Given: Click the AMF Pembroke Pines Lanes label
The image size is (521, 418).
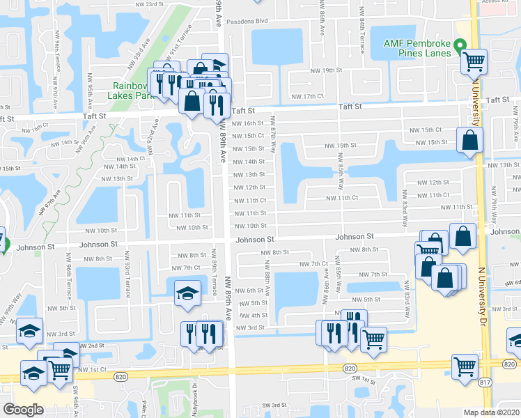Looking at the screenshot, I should pyautogui.click(x=417, y=48).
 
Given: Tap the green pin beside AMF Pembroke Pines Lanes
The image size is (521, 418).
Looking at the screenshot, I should pyautogui.click(x=460, y=46).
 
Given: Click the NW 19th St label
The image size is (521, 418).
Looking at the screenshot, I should pyautogui.click(x=327, y=70).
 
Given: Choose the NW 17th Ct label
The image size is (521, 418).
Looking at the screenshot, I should pyautogui.click(x=308, y=96).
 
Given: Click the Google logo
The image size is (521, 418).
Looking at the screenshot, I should pyautogui.click(x=23, y=409).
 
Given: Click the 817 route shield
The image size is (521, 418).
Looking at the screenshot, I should pyautogui.click(x=485, y=381).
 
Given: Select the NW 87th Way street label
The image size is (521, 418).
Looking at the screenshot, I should pyautogui.click(x=273, y=134).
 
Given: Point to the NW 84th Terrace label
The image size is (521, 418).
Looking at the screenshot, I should pyautogui.click(x=362, y=31).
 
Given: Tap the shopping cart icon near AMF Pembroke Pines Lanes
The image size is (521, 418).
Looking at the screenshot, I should pyautogui.click(x=474, y=62).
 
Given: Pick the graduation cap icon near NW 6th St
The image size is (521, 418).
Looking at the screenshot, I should pyautogui.click(x=187, y=293).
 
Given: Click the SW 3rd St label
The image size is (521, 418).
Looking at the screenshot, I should pyautogui.click(x=274, y=405).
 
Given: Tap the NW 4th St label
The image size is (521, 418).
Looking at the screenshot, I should pyautogui.click(x=254, y=315).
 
